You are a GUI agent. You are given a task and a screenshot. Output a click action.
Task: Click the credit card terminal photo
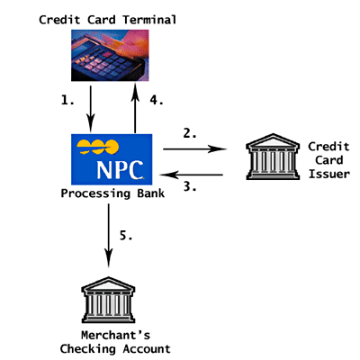110,56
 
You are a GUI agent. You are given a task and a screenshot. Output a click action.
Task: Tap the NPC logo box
112,159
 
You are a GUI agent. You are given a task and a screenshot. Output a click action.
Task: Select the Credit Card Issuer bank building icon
273,157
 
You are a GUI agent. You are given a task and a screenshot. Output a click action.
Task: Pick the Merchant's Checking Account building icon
108,300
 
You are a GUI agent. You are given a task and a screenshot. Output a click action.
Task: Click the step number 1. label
67,100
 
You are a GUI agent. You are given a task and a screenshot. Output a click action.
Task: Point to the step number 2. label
190,133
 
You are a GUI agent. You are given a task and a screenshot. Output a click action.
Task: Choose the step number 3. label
190,186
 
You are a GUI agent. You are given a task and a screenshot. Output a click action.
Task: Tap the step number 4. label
157,100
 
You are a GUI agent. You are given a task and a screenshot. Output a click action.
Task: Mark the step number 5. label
126,235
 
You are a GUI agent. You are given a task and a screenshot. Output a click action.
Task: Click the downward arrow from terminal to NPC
91,109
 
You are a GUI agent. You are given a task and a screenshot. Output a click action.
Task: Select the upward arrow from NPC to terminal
135,108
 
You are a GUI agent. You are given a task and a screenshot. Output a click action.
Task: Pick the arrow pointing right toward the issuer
194,148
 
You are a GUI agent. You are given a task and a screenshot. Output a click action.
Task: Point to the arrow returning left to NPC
192,175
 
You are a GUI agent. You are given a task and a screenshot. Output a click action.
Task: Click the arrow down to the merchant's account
109,235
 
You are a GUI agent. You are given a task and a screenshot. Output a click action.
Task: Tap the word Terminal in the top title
149,20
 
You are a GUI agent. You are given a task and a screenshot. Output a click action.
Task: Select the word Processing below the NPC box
95,193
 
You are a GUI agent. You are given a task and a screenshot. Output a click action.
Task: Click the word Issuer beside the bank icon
329,174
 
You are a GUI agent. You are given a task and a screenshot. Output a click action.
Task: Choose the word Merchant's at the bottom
115,335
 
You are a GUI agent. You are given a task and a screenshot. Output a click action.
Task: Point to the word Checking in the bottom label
87,349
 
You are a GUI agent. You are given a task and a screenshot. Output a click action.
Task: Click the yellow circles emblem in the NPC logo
98,147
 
